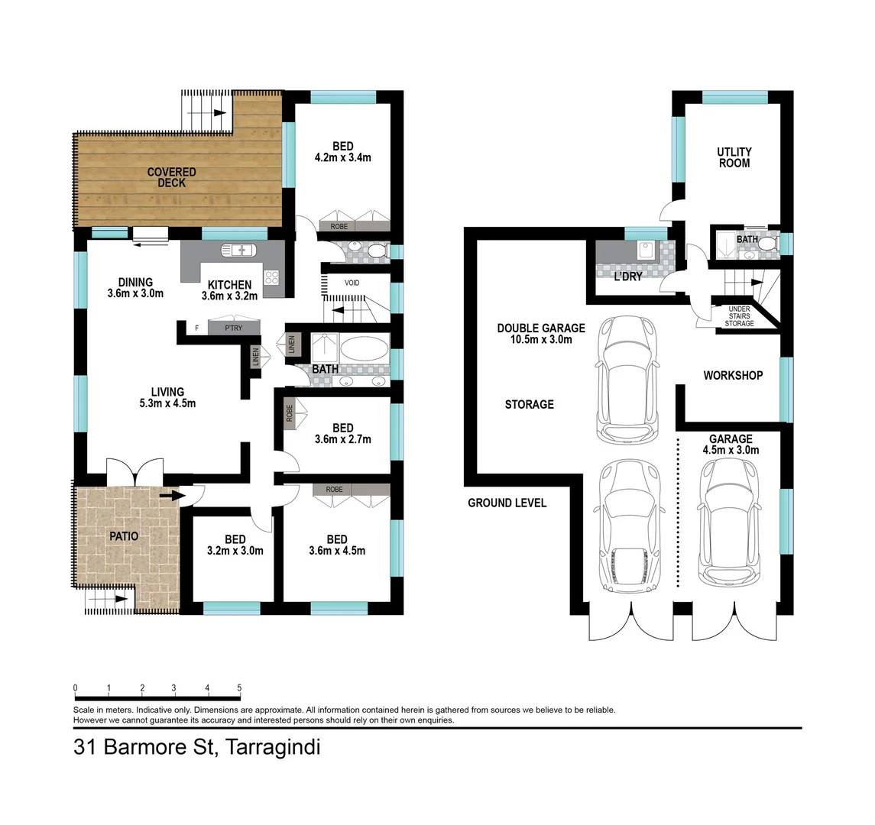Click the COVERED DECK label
pyautogui.click(x=172, y=178)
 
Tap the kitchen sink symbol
pyautogui.click(x=238, y=250)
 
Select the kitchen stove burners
pyautogui.click(x=272, y=278)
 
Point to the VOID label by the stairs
pyautogui.click(x=352, y=283)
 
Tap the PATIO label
pyautogui.click(x=124, y=536)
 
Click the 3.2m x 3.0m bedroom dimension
pyautogui.click(x=235, y=551)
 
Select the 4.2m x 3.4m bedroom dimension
pyautogui.click(x=342, y=158)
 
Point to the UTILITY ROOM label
pyautogui.click(x=734, y=157)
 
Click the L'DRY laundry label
pyautogui.click(x=628, y=277)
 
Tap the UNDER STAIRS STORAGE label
pyautogui.click(x=739, y=316)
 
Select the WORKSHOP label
pyautogui.click(x=733, y=376)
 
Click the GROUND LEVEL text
pyautogui.click(x=507, y=503)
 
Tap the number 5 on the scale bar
pyautogui.click(x=240, y=687)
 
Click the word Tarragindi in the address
pyautogui.click(x=272, y=747)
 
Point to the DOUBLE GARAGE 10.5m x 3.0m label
pyautogui.click(x=541, y=334)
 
